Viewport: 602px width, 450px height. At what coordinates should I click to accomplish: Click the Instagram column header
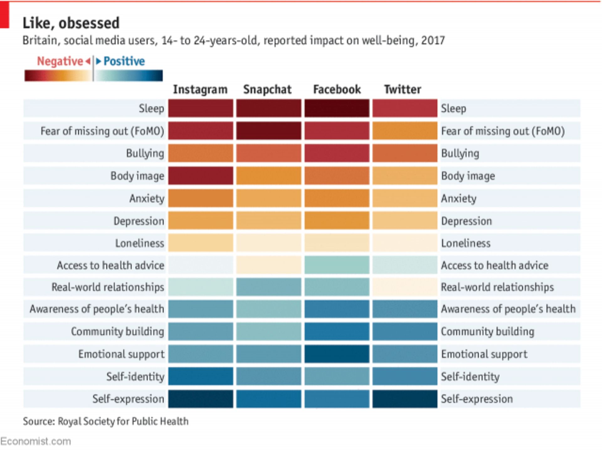point(200,89)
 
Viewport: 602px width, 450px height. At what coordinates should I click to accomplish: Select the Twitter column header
point(403,89)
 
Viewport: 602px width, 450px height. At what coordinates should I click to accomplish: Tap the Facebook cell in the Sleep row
point(337,108)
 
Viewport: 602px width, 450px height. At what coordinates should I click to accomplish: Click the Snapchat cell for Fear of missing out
point(268,131)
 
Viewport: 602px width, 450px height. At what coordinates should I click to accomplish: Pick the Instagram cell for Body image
point(200,176)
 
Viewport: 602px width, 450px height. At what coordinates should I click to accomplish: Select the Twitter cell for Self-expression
point(405,399)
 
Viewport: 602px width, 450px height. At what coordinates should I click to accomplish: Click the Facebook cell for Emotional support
point(337,354)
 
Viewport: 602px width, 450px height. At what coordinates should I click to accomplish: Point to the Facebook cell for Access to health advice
point(337,265)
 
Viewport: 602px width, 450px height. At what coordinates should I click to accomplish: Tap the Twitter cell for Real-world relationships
point(405,287)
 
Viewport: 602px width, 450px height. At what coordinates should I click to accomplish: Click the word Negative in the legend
point(60,61)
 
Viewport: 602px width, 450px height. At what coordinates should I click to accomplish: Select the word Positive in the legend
point(124,61)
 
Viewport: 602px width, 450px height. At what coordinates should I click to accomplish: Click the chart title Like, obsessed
point(71,23)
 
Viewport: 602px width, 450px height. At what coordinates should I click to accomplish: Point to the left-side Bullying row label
point(145,153)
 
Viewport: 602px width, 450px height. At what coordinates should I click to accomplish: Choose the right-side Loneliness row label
point(466,243)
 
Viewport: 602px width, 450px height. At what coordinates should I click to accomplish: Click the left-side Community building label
point(117,331)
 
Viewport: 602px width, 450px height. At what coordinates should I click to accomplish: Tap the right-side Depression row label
point(466,221)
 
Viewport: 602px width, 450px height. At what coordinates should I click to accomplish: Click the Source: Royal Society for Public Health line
point(106,421)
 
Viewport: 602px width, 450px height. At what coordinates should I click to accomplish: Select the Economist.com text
point(35,442)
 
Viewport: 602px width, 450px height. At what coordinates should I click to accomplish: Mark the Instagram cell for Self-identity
point(200,376)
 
